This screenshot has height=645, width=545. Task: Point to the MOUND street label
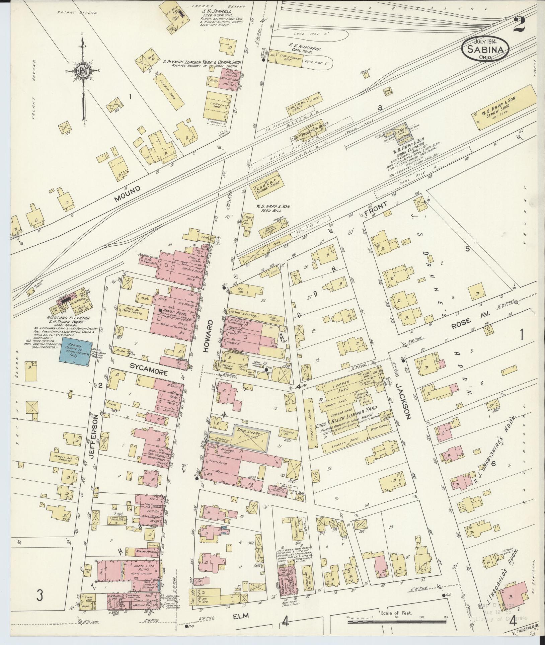(127, 193)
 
